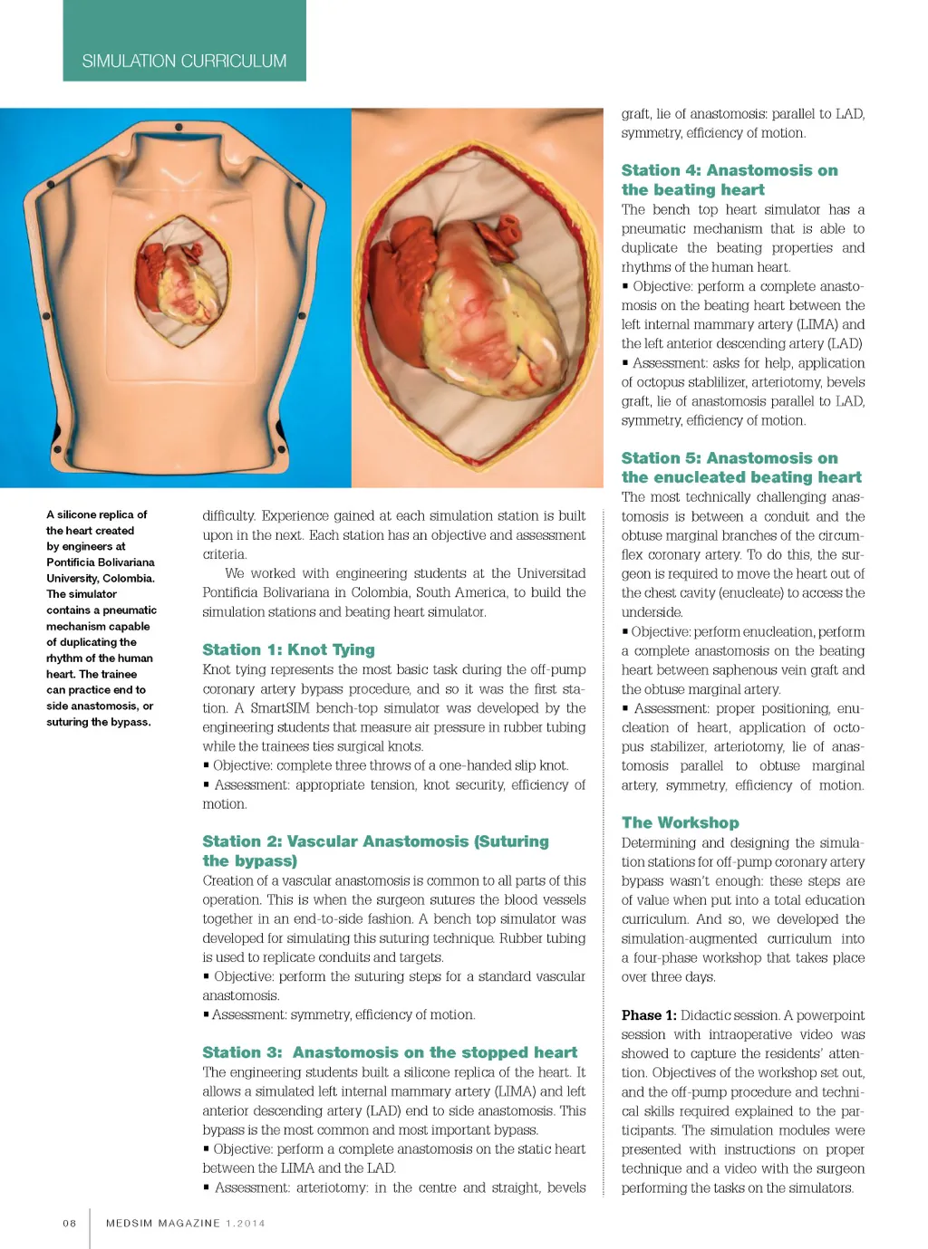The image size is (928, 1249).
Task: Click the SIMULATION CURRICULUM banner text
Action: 184,61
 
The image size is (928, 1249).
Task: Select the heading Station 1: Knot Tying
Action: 288,649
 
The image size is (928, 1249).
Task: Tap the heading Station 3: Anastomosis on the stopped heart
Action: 390,1052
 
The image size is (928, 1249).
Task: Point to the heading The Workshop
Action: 680,822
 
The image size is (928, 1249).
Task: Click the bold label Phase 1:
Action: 649,1015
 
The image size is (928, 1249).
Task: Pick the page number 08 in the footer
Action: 70,1223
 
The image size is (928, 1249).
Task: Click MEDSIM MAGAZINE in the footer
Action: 163,1223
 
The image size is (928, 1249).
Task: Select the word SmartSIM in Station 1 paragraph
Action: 280,708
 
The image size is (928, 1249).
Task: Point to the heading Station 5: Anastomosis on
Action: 729,458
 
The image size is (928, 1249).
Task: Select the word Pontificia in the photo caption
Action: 77,562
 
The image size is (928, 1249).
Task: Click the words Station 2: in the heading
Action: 241,841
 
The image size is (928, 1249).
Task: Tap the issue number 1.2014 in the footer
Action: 246,1223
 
